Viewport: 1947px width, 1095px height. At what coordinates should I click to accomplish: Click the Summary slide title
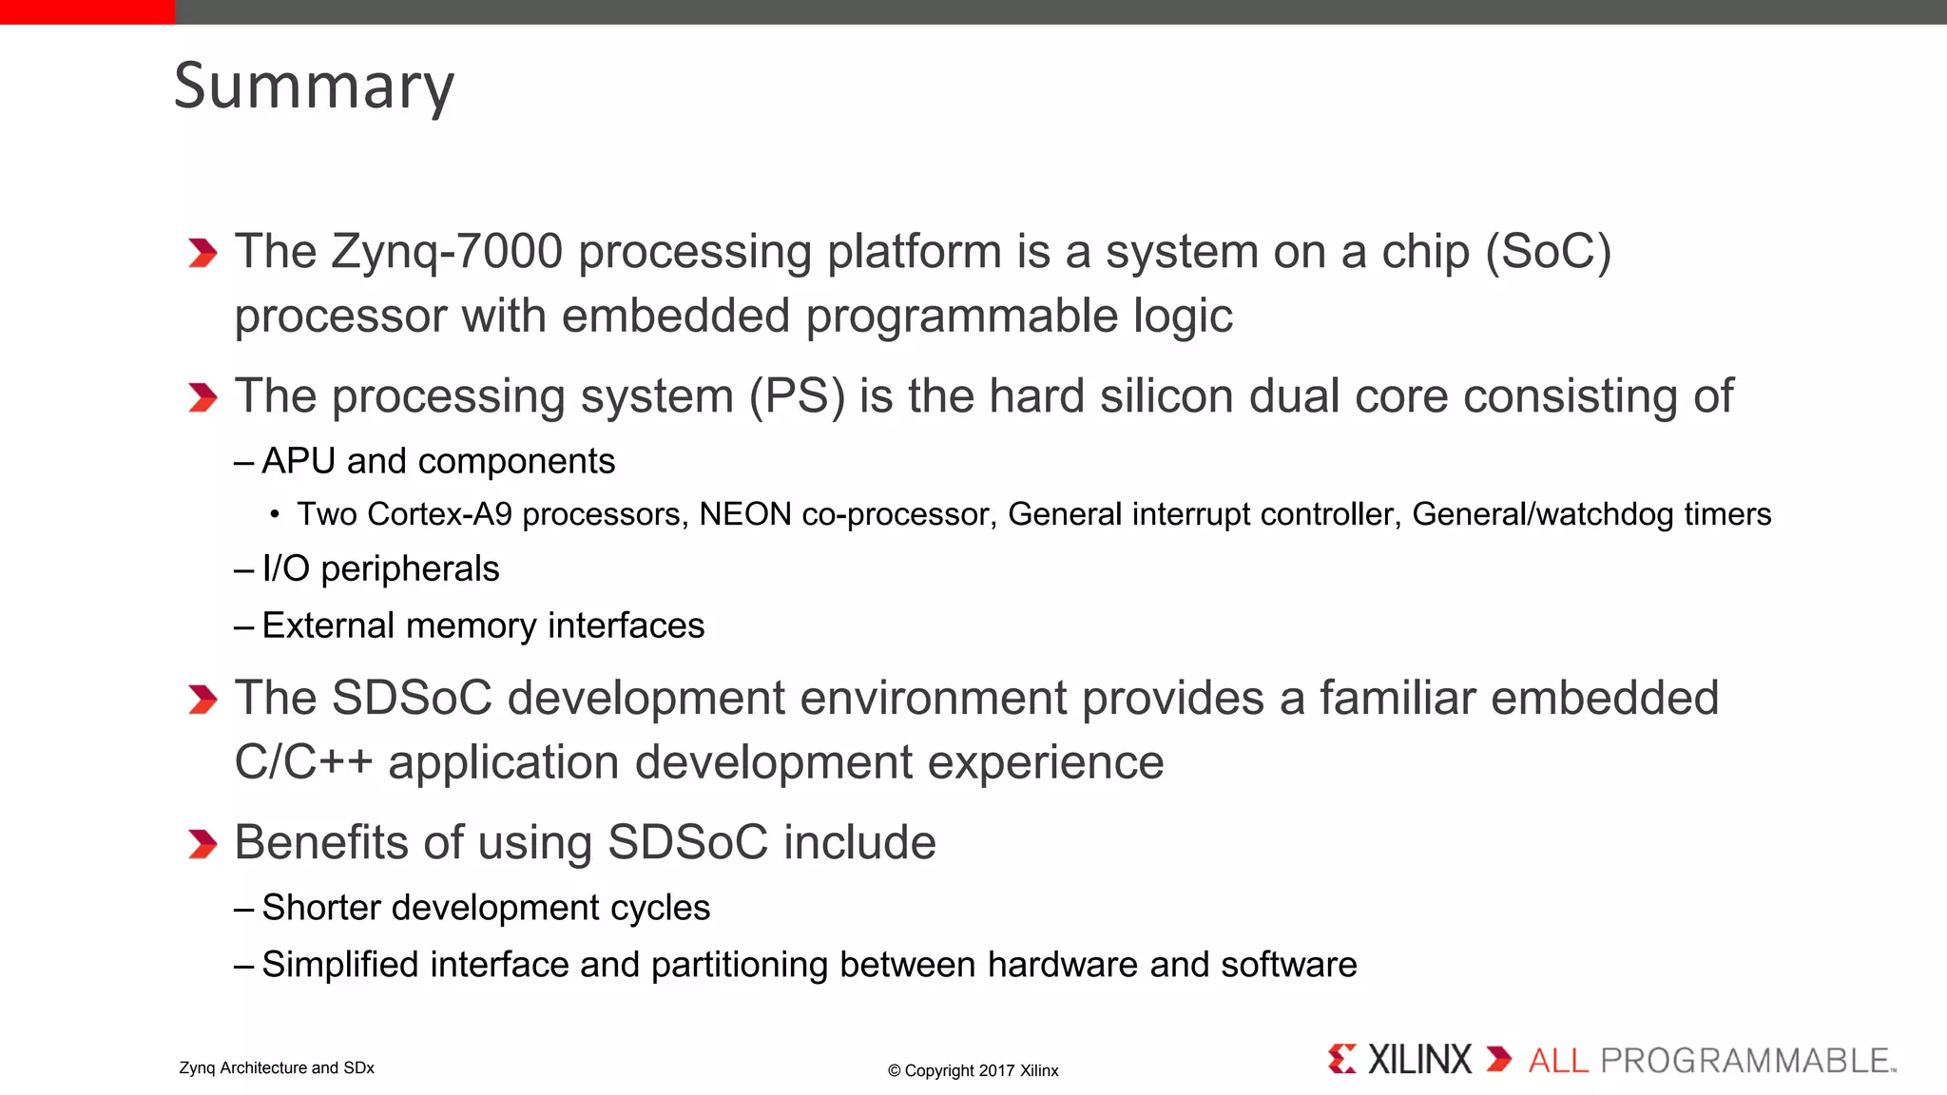tap(314, 86)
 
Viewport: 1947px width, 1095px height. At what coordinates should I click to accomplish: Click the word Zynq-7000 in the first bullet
tap(447, 253)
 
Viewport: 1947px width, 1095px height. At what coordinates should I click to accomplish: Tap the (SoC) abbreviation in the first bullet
tap(1548, 253)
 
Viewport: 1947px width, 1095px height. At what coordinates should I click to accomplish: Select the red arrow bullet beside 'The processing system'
tap(202, 397)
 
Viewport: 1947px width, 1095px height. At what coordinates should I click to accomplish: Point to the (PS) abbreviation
tap(797, 397)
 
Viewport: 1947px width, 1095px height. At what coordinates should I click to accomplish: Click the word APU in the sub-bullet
tap(299, 462)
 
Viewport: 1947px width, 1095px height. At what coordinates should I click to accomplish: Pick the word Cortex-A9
tap(439, 514)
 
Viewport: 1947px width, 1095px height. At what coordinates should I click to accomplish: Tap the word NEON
tap(745, 514)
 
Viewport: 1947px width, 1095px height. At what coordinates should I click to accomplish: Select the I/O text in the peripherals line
tap(285, 568)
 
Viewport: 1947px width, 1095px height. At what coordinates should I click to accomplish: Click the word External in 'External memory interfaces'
tap(328, 625)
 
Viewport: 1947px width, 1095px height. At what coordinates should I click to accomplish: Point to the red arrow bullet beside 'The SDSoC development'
tap(202, 700)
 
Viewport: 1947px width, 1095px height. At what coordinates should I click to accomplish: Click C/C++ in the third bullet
tap(303, 763)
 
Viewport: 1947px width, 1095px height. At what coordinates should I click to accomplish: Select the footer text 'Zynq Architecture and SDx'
tap(277, 1068)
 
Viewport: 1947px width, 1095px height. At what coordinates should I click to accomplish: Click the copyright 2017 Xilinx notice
tap(973, 1071)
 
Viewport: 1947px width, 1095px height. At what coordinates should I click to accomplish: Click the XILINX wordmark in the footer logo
tap(1419, 1060)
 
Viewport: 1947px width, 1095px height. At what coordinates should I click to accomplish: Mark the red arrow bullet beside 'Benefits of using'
tap(202, 844)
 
